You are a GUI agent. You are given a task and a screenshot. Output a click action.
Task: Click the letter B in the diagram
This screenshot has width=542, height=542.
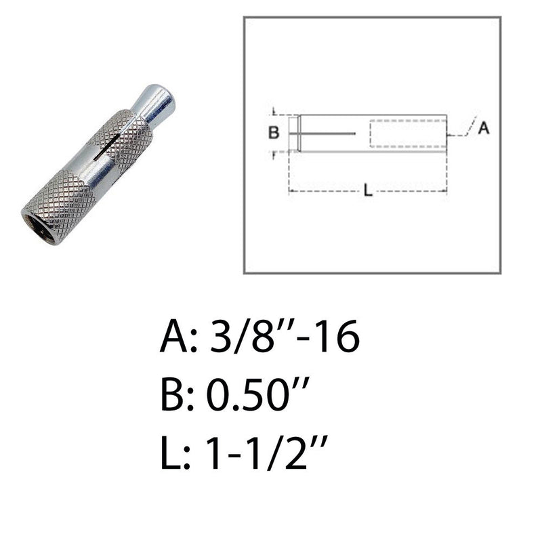click(x=274, y=132)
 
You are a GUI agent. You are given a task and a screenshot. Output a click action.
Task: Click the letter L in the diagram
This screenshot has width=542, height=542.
click(x=368, y=191)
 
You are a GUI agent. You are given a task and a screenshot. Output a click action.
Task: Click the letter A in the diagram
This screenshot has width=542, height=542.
click(x=484, y=128)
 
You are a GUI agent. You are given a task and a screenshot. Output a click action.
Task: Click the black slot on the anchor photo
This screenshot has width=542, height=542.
click(x=107, y=147)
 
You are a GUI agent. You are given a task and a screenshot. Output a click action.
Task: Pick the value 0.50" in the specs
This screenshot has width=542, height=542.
click(x=257, y=394)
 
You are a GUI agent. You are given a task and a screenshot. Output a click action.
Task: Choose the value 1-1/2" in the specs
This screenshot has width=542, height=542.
click(x=266, y=453)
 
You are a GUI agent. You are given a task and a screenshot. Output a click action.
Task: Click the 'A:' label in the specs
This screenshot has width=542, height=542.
click(x=178, y=336)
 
